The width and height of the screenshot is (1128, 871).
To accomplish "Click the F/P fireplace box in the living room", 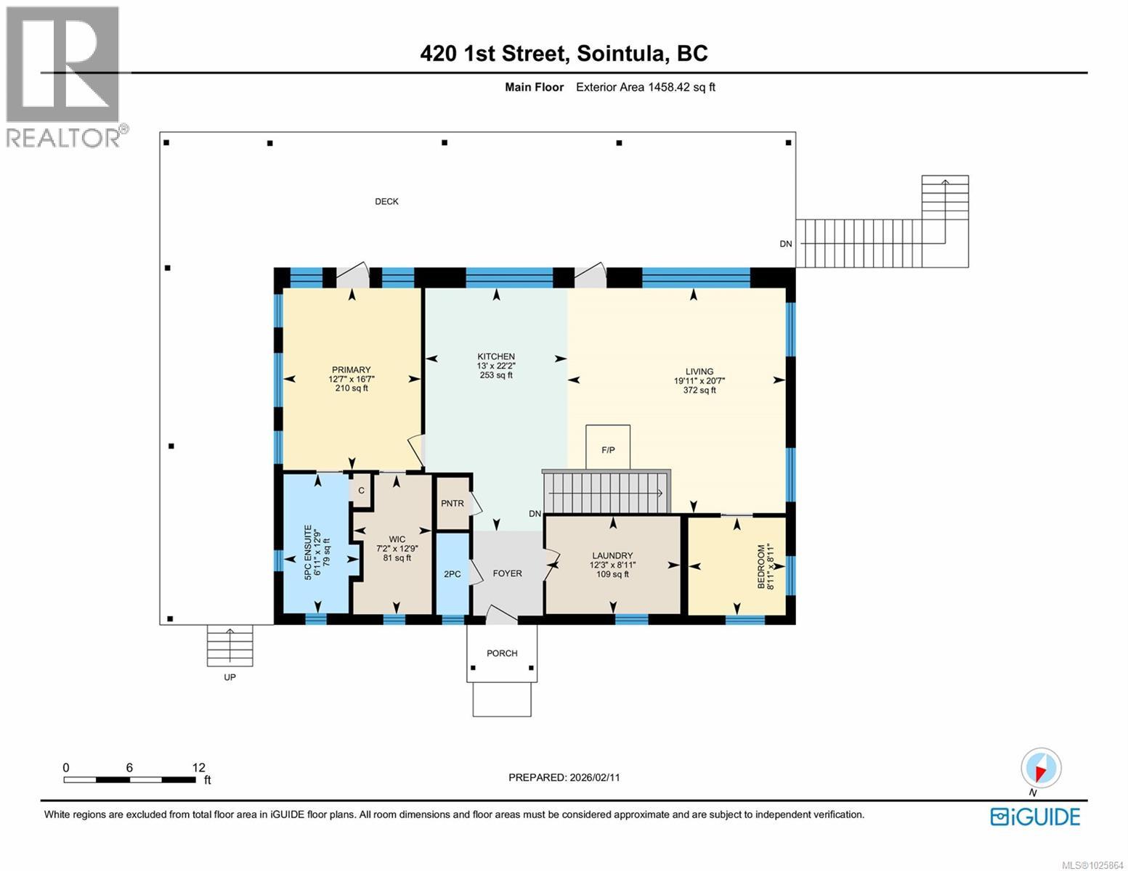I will point(608,448).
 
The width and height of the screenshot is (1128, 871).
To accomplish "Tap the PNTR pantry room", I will point(452,503).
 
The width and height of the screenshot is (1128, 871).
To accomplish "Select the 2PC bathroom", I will point(452,574).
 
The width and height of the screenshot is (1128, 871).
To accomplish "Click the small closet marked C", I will point(361,491).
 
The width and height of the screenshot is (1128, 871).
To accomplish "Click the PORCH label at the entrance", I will point(502,653).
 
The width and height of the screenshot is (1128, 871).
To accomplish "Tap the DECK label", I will point(386,202).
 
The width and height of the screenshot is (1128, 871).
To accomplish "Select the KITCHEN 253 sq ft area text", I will point(496,375).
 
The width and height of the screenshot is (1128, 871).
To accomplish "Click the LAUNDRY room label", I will point(612,555).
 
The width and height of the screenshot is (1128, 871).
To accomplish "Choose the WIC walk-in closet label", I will point(397,539).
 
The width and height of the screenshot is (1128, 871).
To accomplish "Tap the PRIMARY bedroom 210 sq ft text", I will point(352,388).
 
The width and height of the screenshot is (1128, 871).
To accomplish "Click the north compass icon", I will point(1040,769).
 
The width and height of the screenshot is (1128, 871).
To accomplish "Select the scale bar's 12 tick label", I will point(198,767).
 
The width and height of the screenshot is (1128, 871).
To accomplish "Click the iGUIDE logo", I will point(1035,817).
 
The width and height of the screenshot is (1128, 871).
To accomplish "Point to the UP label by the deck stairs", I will point(230,677).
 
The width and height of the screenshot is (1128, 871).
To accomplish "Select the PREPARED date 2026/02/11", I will point(594,777).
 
